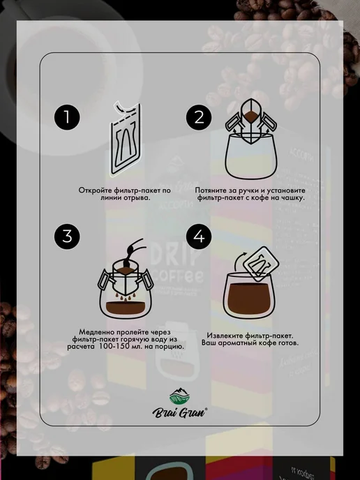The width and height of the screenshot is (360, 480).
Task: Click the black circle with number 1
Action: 67,117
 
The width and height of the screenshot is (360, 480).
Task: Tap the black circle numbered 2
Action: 199,117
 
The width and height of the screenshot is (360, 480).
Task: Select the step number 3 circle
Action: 67,237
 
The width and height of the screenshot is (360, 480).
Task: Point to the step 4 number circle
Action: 199,237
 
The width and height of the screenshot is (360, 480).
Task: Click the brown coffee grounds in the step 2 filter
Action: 251,116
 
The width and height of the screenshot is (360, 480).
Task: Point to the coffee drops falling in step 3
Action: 126,296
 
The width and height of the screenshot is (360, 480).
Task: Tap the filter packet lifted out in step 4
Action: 261,264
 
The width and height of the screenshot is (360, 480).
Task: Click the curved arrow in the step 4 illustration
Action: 239,261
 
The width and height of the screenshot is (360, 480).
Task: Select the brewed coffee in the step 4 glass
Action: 249,299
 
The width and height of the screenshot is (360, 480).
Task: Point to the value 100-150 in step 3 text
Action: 114,347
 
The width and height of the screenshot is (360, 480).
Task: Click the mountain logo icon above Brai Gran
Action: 180,396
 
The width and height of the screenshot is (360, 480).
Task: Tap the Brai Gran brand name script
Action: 180,412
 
